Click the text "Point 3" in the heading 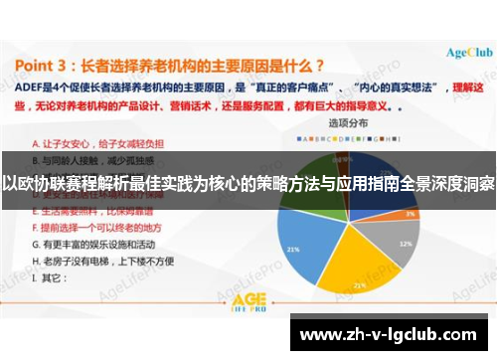[50, 66]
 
